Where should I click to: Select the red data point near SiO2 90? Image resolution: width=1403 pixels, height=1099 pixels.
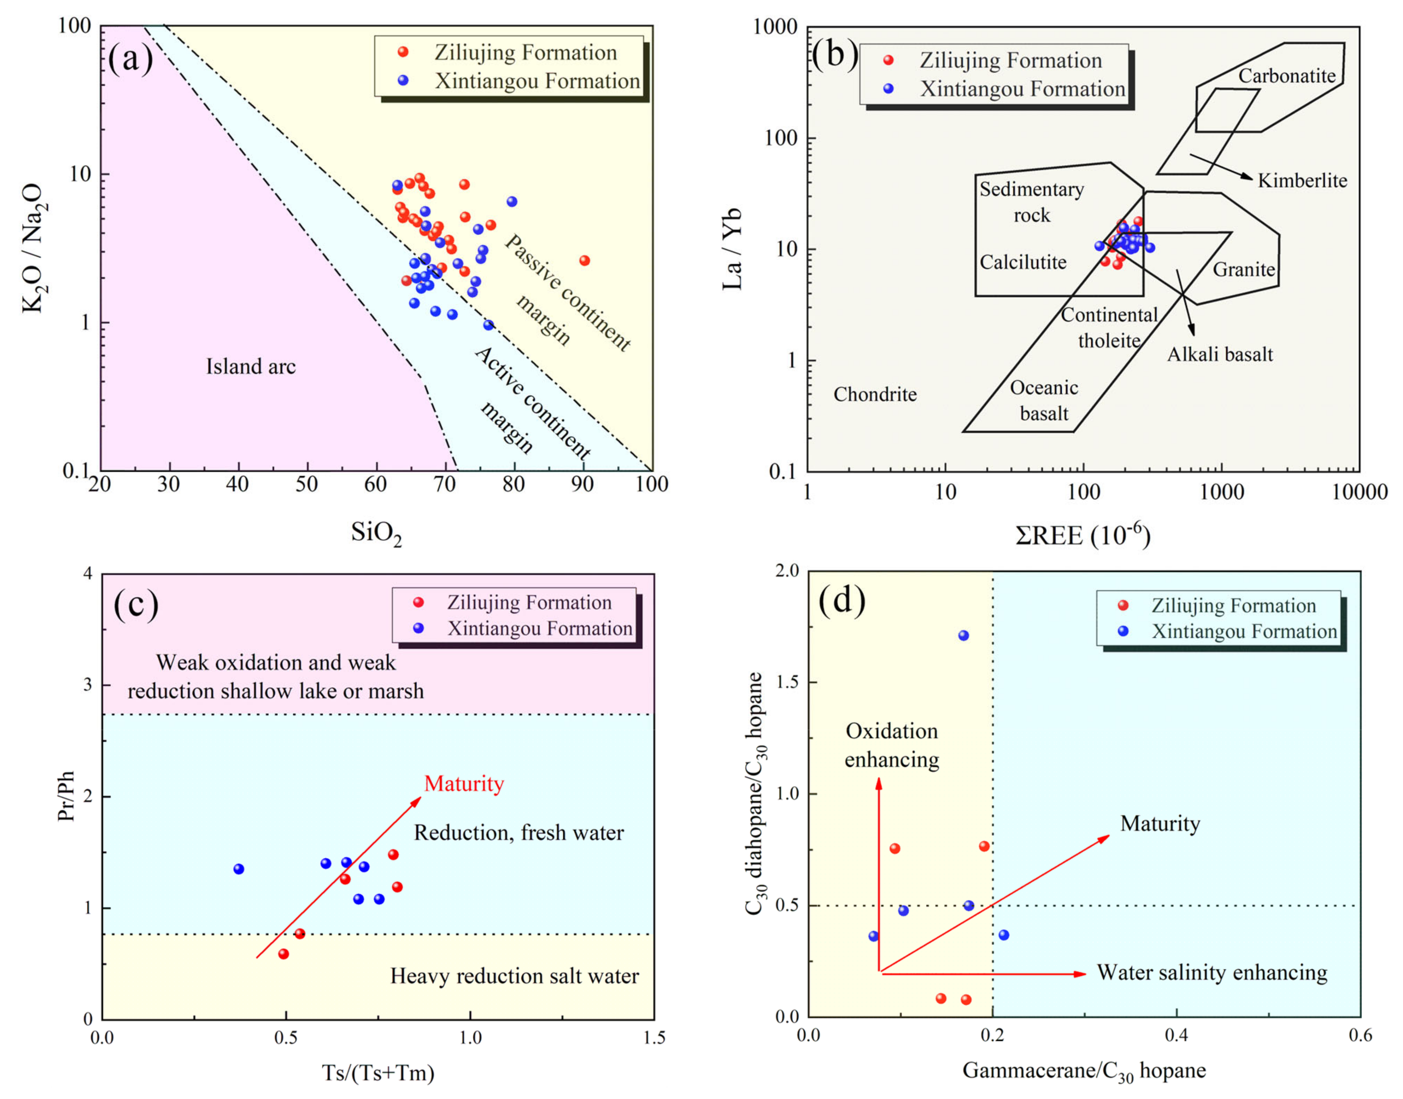[584, 261]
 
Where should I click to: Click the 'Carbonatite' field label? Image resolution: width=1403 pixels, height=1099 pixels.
[1287, 76]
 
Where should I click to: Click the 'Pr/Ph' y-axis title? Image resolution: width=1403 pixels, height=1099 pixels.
[66, 796]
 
